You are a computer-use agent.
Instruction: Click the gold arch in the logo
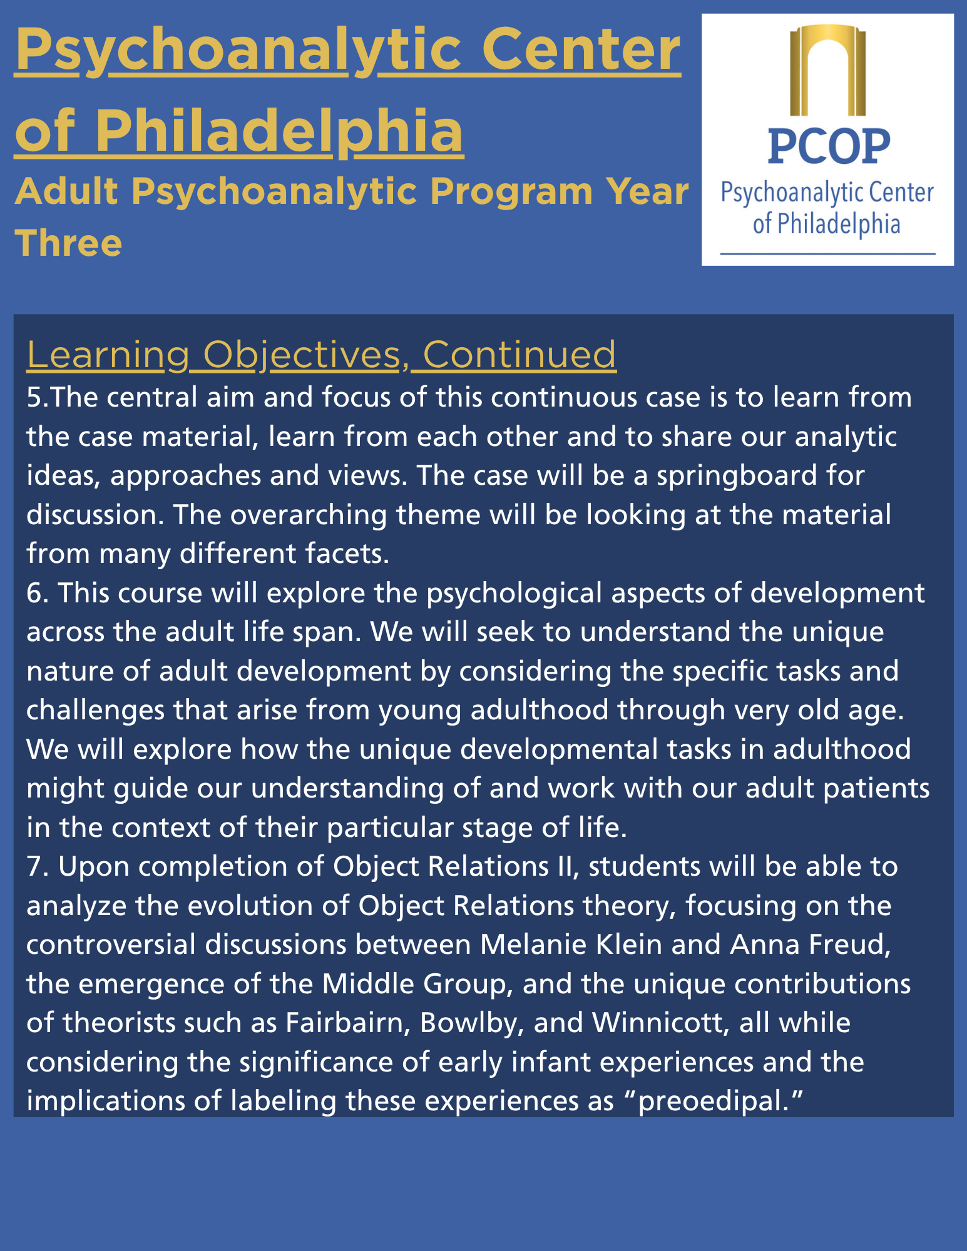pos(827,69)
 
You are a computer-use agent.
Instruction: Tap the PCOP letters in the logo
pos(829,147)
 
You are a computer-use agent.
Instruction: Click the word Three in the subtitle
pos(68,243)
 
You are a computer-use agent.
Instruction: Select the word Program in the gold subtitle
pos(511,191)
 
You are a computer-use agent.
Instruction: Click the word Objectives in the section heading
pos(302,355)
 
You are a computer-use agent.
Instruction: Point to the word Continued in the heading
pos(519,355)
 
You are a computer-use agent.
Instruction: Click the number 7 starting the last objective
pos(33,867)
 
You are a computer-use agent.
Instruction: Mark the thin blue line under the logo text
pos(827,254)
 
